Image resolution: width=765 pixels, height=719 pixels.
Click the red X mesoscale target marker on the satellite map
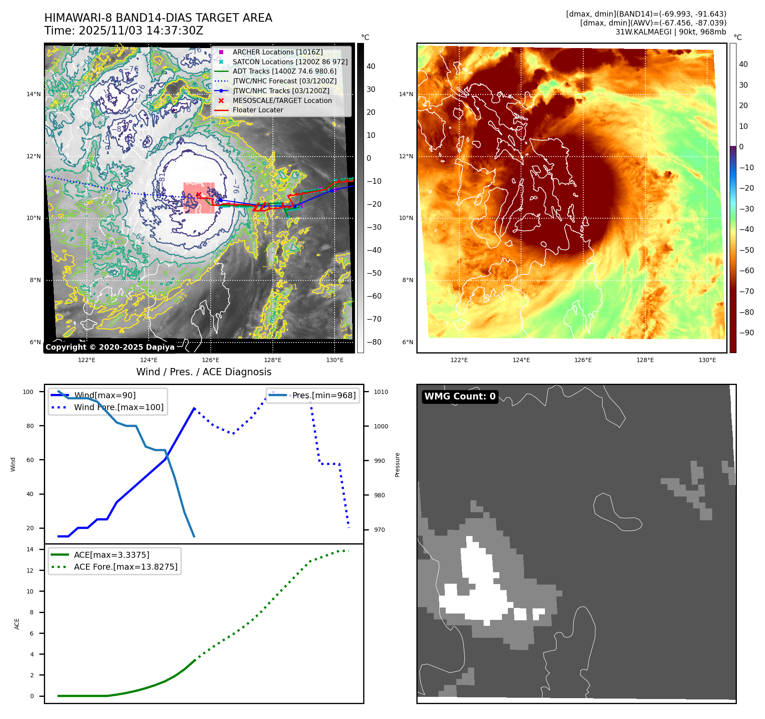point(198,195)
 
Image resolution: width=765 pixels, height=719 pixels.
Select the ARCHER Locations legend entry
point(278,52)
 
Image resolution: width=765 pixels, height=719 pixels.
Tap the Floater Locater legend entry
point(258,110)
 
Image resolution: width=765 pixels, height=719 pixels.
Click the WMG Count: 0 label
point(460,397)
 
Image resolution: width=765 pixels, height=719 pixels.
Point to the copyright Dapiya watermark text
point(110,347)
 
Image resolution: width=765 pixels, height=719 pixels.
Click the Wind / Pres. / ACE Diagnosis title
point(203,372)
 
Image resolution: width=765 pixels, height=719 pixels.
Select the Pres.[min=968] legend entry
point(324,395)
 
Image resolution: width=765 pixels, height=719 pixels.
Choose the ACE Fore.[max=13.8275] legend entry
point(126,567)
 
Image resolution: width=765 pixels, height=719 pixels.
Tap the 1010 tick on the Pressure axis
point(381,392)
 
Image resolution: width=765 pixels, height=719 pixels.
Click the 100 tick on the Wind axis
point(28,392)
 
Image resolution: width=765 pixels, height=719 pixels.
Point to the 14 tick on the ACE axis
point(30,549)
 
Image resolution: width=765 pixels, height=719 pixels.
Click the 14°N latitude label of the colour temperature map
point(406,94)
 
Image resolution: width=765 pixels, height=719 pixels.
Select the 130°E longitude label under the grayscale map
point(335,360)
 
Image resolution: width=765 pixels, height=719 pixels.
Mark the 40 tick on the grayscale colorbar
point(371,66)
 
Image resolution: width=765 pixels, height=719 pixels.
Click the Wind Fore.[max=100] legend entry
point(118,407)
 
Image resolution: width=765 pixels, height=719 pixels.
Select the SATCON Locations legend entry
point(290,62)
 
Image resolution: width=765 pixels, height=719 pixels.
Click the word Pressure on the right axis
point(397,465)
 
